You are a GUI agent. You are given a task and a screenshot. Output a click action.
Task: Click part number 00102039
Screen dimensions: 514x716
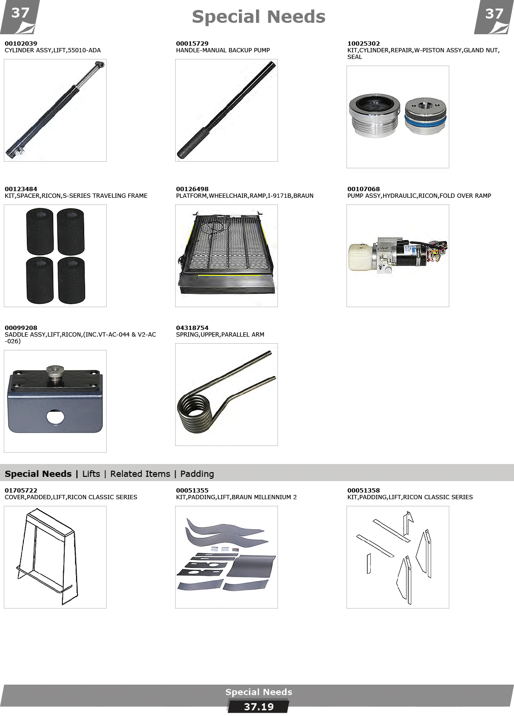point(21,43)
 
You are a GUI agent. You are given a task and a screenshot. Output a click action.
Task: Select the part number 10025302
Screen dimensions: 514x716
point(364,43)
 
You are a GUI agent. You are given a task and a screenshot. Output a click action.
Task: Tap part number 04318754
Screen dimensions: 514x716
point(192,328)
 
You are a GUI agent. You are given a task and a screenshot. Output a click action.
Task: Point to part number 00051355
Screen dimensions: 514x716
point(192,490)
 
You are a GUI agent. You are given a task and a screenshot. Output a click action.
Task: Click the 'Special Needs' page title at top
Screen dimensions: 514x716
point(258,17)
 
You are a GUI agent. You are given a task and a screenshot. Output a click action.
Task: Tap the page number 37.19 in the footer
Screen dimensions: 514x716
point(258,706)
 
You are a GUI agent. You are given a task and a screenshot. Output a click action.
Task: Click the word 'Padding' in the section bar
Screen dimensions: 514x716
point(197,474)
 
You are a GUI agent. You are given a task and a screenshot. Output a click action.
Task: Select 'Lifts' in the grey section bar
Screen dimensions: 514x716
point(91,474)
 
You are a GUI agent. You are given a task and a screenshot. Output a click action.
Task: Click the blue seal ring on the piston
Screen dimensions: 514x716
point(425,120)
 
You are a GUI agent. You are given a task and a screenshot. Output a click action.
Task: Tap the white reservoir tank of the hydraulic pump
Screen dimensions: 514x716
point(361,257)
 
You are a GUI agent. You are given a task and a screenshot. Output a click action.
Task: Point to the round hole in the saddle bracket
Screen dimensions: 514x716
point(55,417)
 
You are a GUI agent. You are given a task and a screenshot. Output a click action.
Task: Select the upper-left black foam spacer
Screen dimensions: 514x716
point(40,231)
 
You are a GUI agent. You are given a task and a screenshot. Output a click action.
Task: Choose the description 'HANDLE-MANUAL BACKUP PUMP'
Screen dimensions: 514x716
point(223,50)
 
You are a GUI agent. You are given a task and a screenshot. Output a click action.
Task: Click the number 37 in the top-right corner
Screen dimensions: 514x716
point(494,13)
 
